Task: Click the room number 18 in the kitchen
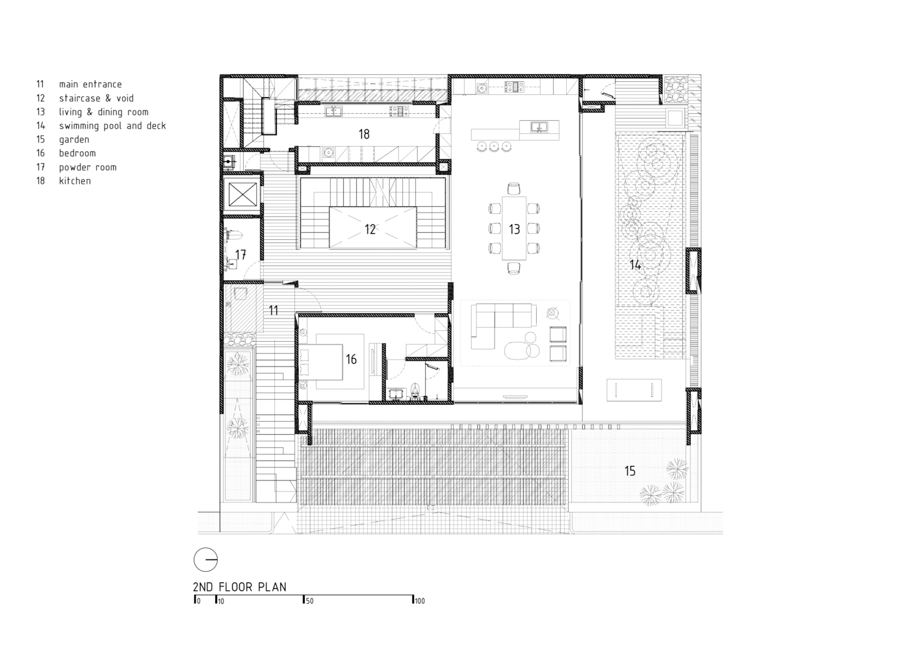coord(364,134)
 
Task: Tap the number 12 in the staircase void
coord(370,229)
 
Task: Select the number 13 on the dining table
coord(514,229)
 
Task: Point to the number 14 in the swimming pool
coord(635,265)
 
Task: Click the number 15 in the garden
coord(630,471)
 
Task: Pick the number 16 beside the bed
coord(351,359)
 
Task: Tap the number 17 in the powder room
coord(240,254)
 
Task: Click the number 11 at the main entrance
coord(273,310)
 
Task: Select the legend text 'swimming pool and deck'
coord(112,126)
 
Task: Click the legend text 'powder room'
coord(88,168)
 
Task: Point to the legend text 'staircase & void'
coord(96,98)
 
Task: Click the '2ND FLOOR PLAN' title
coord(240,587)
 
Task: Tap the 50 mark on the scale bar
coord(309,601)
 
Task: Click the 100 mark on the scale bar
coord(419,601)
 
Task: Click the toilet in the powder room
coord(234,235)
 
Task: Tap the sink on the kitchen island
coord(539,127)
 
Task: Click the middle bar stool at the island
coord(495,146)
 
